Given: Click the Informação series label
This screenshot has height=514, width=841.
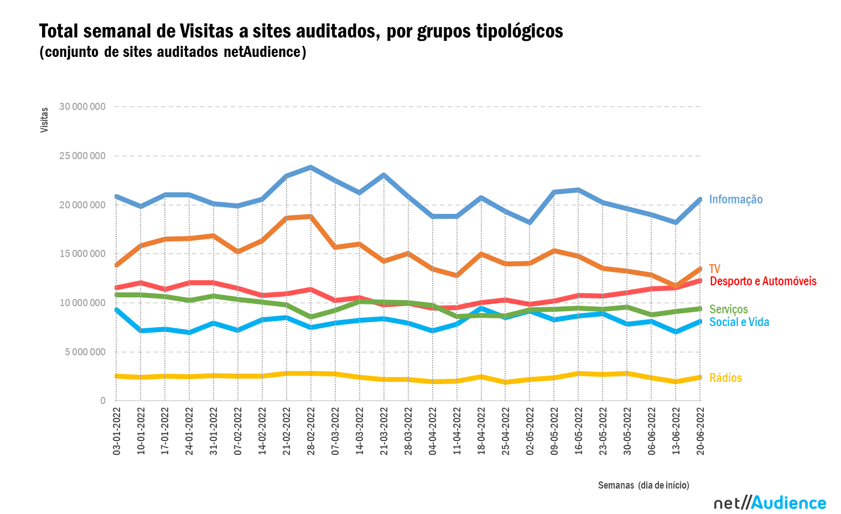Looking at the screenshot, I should (x=735, y=200).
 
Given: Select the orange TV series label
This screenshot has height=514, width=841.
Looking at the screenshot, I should (x=715, y=269).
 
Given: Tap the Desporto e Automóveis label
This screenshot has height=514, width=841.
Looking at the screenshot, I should (x=763, y=281).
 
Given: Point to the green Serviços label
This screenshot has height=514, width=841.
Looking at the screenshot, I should (x=729, y=310).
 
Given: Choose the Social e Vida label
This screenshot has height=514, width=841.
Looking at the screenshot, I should (x=739, y=322).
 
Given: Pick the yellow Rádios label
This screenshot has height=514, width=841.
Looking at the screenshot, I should (x=725, y=378).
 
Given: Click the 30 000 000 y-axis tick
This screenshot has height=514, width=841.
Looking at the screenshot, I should (x=82, y=107).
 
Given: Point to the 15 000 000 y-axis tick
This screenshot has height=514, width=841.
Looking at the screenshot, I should (x=82, y=254).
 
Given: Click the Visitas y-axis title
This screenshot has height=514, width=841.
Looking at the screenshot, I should (x=44, y=119).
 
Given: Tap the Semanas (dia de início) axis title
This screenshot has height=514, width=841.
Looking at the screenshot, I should (x=643, y=485).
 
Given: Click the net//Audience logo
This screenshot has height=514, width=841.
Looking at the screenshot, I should (x=770, y=502).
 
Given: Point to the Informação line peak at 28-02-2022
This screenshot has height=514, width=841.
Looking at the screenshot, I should (x=311, y=167).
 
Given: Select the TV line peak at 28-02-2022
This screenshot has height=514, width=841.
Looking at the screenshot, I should (x=311, y=217).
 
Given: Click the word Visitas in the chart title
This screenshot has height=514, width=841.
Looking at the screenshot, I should (x=207, y=31).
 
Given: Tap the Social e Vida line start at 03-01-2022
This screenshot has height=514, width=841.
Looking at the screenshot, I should (x=116, y=310).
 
